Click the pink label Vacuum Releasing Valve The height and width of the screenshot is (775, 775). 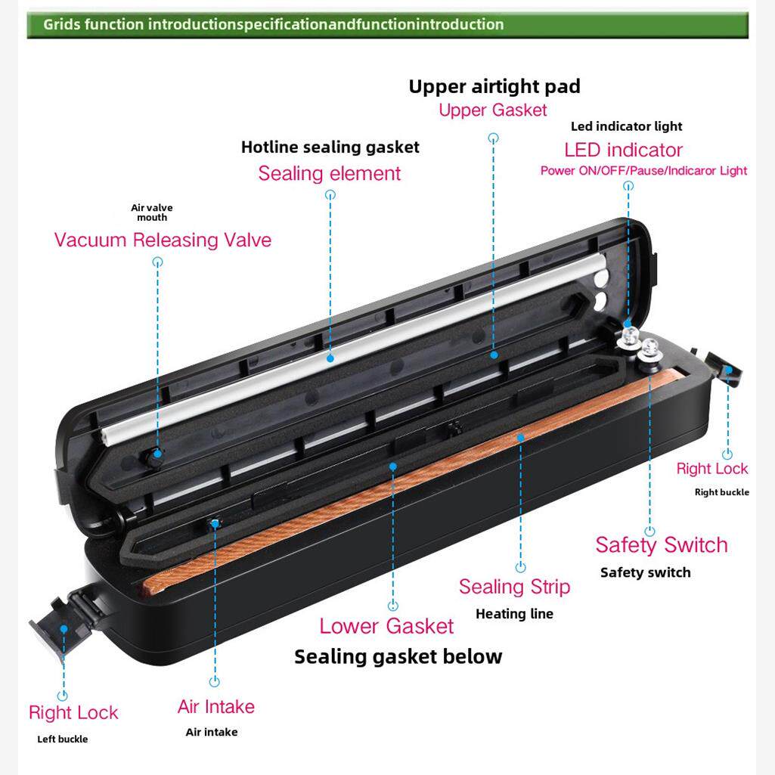click(x=163, y=240)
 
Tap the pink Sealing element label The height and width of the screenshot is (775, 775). click(x=330, y=173)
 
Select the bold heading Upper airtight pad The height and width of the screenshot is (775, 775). click(x=494, y=86)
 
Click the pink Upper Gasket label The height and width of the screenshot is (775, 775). click(x=493, y=110)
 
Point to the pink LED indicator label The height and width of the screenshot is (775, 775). click(x=623, y=150)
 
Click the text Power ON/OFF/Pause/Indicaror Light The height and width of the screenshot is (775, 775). click(x=643, y=171)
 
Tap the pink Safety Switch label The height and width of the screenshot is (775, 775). click(x=661, y=544)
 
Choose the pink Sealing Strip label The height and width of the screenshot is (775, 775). click(x=514, y=587)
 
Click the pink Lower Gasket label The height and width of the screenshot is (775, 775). click(x=386, y=626)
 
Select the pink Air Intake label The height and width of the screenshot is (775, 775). click(x=216, y=707)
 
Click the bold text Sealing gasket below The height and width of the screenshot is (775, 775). click(x=398, y=656)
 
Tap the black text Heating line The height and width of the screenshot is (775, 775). click(x=514, y=614)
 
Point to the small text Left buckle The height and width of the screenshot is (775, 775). click(x=63, y=739)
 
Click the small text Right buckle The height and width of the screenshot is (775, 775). click(x=722, y=492)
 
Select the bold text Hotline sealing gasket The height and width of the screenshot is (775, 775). click(x=330, y=147)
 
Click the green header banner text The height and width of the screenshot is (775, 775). click(x=273, y=24)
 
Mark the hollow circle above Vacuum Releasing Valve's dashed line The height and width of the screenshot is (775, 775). click(x=158, y=262)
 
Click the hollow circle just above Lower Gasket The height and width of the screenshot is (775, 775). click(x=392, y=606)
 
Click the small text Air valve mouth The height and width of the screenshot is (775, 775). click(x=152, y=212)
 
